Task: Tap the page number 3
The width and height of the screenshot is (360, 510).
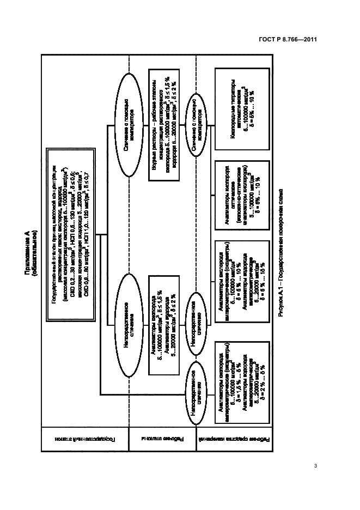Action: (316, 465)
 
